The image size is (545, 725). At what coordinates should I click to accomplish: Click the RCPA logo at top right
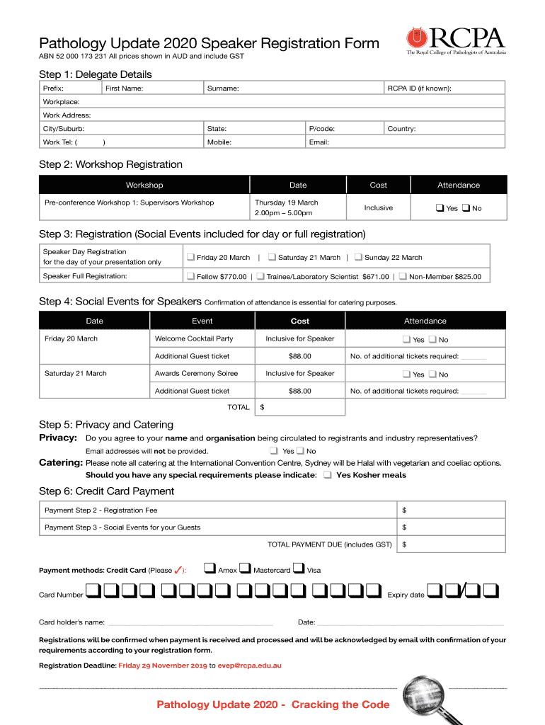pyautogui.click(x=455, y=42)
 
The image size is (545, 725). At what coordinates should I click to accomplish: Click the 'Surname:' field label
pyautogui.click(x=222, y=89)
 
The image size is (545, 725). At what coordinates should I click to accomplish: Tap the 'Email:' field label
pyautogui.click(x=319, y=142)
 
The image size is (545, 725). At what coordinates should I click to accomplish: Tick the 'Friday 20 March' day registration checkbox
pyautogui.click(x=190, y=257)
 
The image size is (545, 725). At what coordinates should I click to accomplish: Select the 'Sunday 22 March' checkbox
pyautogui.click(x=358, y=257)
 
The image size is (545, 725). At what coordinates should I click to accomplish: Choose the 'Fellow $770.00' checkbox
pyautogui.click(x=190, y=276)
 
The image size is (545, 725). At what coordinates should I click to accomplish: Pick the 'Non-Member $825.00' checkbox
pyautogui.click(x=403, y=276)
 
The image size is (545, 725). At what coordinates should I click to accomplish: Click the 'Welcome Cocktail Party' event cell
pyautogui.click(x=194, y=338)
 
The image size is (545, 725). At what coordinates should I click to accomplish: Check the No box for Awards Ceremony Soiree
pyautogui.click(x=432, y=374)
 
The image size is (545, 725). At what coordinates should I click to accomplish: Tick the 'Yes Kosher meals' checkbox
pyautogui.click(x=327, y=475)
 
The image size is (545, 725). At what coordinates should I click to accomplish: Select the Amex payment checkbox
pyautogui.click(x=210, y=568)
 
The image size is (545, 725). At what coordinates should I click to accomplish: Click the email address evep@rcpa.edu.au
pyautogui.click(x=249, y=666)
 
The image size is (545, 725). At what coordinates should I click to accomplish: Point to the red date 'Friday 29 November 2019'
pyautogui.click(x=162, y=666)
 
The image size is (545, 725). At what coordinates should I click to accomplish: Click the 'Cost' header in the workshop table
pyautogui.click(x=379, y=185)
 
